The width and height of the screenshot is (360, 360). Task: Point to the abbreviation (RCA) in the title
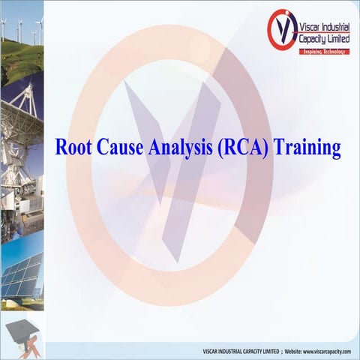pos(242,147)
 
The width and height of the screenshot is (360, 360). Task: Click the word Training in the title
pos(307,147)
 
